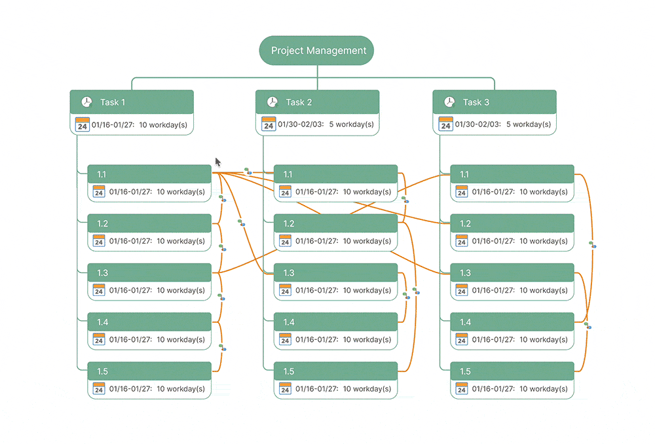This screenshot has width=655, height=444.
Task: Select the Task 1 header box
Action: pyautogui.click(x=132, y=102)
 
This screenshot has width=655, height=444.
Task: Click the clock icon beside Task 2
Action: pyautogui.click(x=272, y=102)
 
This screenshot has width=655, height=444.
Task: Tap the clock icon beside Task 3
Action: pyautogui.click(x=449, y=102)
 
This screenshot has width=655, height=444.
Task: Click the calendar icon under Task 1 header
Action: pyautogui.click(x=83, y=124)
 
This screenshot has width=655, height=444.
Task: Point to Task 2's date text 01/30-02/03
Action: pyautogui.click(x=301, y=124)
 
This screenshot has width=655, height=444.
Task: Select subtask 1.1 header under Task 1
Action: pyautogui.click(x=149, y=174)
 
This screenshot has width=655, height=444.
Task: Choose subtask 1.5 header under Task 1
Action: pyautogui.click(x=149, y=371)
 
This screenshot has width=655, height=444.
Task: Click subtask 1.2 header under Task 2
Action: pyautogui.click(x=335, y=223)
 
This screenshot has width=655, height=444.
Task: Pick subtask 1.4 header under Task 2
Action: pyautogui.click(x=335, y=322)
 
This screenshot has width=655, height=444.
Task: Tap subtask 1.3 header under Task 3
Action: pyautogui.click(x=512, y=272)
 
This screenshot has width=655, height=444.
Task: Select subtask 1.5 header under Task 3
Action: pyautogui.click(x=512, y=371)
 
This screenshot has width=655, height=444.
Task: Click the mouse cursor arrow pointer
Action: pyautogui.click(x=218, y=162)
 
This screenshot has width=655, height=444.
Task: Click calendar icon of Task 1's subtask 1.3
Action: pyautogui.click(x=99, y=290)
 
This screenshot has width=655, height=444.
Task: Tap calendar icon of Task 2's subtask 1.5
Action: pyautogui.click(x=285, y=389)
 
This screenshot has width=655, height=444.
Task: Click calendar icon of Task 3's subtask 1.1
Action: pyautogui.click(x=462, y=192)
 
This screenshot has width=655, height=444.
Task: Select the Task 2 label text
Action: pyautogui.click(x=299, y=102)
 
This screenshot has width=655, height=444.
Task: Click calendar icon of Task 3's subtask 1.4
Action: pyautogui.click(x=462, y=340)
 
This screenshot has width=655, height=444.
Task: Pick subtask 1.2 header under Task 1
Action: pyautogui.click(x=149, y=223)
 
